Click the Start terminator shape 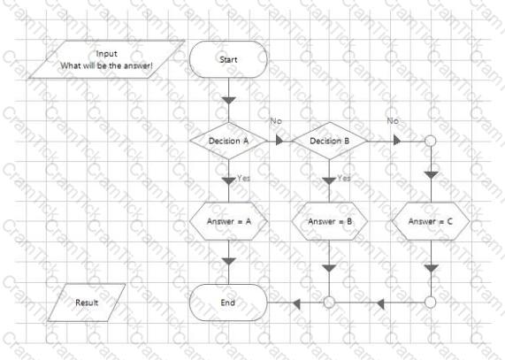(228, 59)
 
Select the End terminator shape (228, 303)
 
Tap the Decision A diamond (228, 141)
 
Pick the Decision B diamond (329, 141)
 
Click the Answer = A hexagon (228, 221)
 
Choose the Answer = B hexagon (329, 221)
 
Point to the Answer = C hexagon (431, 221)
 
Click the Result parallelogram (87, 303)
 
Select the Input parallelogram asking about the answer (107, 59)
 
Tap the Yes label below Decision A (243, 178)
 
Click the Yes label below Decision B (344, 178)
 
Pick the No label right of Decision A (276, 121)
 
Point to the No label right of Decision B (393, 121)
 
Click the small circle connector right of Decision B (431, 141)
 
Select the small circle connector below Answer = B (329, 303)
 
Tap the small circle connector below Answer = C (431, 303)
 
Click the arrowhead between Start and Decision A (229, 101)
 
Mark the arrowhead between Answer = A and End (229, 261)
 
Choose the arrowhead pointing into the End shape (296, 303)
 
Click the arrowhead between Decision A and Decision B (279, 141)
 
